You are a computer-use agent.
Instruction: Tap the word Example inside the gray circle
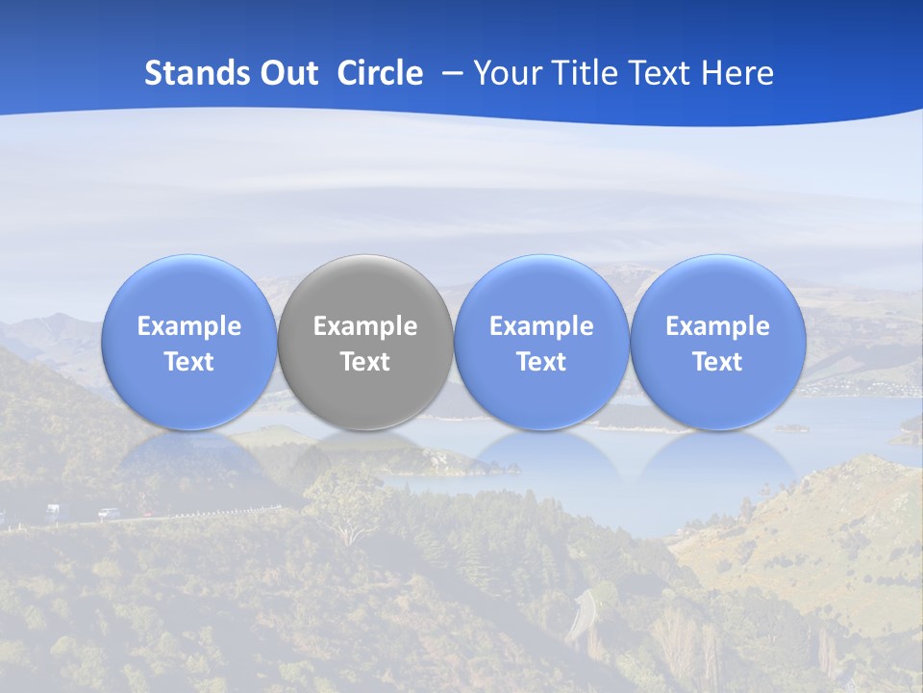(x=365, y=326)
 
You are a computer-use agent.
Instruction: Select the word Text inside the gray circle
(x=365, y=362)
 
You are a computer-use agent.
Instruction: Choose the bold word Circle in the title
(x=380, y=73)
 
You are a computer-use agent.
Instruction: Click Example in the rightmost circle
(x=717, y=326)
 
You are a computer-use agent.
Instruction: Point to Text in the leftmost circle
(x=189, y=362)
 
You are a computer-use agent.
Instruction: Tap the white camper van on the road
(x=52, y=509)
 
